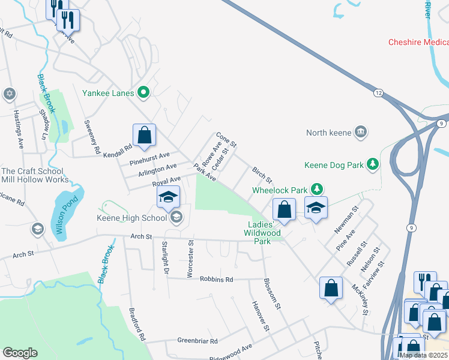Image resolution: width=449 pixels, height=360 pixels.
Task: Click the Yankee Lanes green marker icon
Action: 143,92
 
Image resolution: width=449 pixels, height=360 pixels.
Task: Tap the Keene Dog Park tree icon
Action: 373,164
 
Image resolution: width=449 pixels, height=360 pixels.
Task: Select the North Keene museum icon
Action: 360,133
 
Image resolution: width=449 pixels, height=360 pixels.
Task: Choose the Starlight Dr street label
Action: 164,258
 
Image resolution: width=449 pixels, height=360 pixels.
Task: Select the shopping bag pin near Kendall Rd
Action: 145,135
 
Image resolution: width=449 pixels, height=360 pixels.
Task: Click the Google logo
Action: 20,353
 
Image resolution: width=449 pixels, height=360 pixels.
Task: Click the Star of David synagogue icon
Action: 9,94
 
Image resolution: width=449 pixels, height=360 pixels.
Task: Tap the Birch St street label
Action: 262,176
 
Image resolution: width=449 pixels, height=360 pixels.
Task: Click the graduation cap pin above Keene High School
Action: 169,196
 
